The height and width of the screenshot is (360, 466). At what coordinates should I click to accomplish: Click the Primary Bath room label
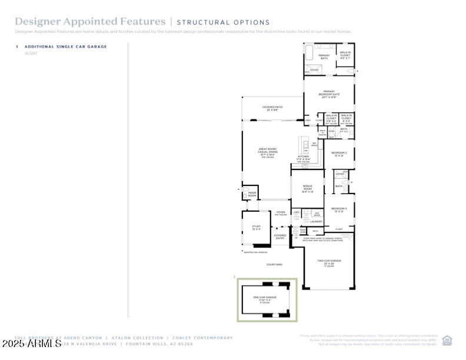[324, 57]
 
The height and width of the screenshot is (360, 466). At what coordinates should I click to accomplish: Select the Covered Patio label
[272, 108]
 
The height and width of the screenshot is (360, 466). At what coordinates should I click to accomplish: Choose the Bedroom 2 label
[339, 154]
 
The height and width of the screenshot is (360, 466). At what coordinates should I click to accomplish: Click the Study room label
[256, 227]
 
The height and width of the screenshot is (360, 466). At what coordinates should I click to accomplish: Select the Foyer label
[281, 214]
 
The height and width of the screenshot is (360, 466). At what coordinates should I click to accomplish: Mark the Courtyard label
[275, 264]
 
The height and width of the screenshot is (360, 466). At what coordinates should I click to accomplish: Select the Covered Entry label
[280, 236]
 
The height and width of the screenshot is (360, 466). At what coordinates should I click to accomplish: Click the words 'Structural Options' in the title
[215, 22]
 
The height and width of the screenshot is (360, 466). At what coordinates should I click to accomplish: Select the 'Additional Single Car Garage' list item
[65, 46]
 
